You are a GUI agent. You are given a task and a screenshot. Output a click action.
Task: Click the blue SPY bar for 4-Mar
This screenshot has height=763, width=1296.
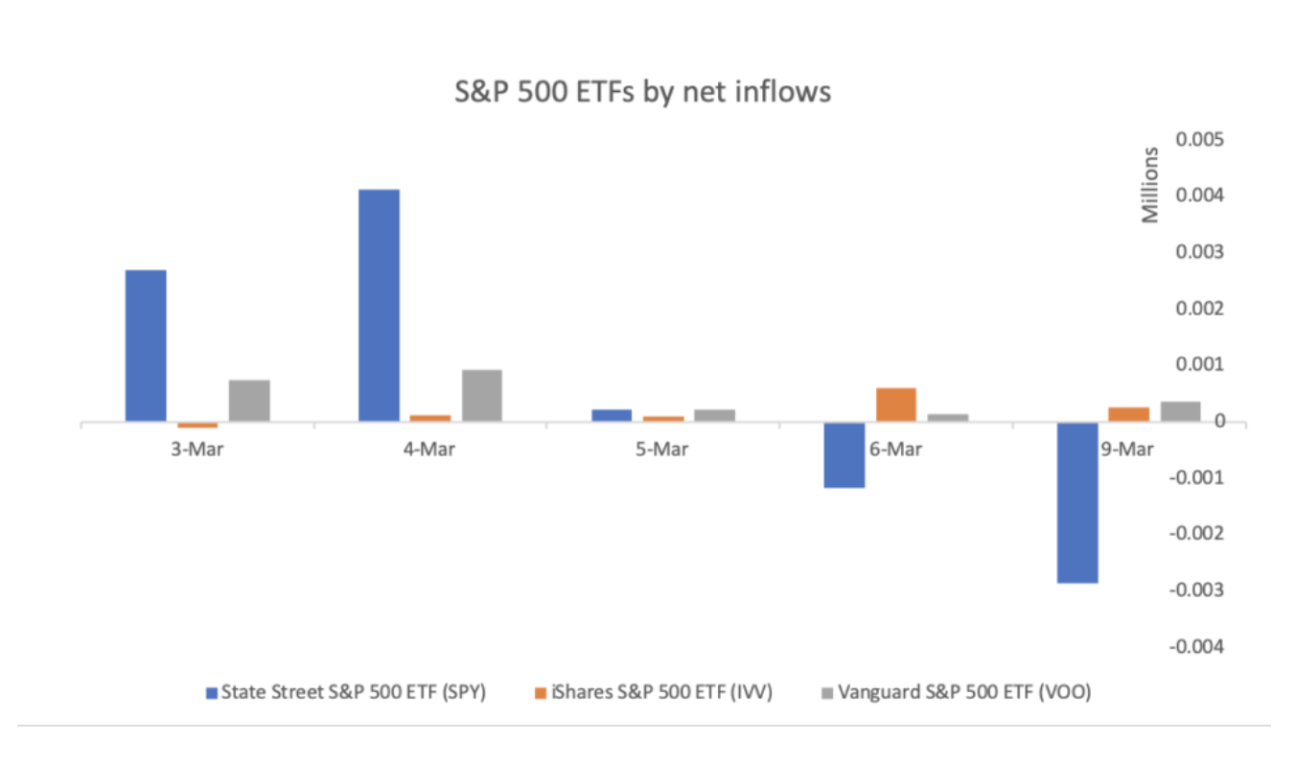(379, 305)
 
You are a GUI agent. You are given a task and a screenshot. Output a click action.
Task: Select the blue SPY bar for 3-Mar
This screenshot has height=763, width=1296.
(146, 345)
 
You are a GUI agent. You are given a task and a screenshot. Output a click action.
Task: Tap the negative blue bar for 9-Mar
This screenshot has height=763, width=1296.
(1077, 502)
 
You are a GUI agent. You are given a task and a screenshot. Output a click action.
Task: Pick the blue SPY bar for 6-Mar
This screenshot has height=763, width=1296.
(845, 455)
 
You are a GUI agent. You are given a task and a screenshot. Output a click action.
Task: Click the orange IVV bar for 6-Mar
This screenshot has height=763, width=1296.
(896, 405)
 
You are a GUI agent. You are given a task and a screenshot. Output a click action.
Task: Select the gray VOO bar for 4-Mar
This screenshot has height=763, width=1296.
(482, 395)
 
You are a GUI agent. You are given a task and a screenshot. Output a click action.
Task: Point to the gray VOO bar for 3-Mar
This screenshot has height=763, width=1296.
(249, 401)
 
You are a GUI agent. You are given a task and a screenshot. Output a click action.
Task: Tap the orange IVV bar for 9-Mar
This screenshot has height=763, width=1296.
(1129, 414)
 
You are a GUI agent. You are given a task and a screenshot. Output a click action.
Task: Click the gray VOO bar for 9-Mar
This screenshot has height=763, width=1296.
(1180, 411)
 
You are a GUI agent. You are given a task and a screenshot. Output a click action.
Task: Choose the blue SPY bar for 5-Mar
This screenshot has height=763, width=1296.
(612, 415)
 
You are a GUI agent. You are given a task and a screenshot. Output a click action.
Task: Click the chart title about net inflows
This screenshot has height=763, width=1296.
(642, 92)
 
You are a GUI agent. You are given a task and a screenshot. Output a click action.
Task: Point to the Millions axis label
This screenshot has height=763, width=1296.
(1150, 184)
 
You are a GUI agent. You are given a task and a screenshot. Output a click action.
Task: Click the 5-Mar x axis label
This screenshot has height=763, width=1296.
(662, 450)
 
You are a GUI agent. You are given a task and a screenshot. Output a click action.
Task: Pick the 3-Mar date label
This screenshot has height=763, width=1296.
(197, 450)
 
